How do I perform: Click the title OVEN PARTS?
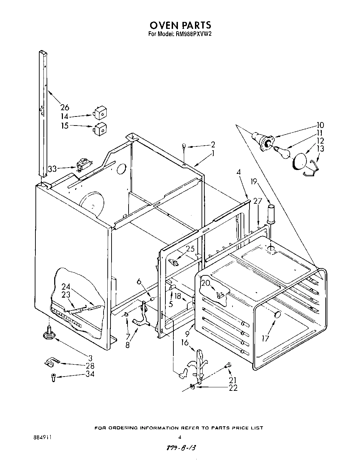point(180,25)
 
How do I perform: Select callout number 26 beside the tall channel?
point(65,107)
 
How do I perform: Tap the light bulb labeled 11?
point(282,152)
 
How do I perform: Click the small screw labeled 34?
point(53,377)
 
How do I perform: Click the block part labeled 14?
point(100,112)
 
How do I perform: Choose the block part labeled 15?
point(100,129)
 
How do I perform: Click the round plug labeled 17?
point(277,314)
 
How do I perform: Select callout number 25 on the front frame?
point(190,249)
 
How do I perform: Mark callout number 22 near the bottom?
point(233,388)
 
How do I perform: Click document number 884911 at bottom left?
point(41,438)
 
